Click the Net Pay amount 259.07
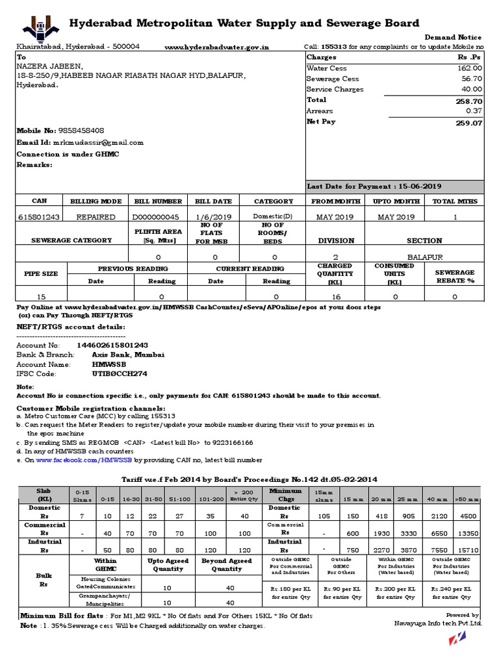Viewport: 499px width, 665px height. click(x=468, y=122)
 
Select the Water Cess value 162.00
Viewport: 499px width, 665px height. click(x=468, y=68)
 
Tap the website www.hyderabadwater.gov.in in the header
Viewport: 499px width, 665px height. click(x=216, y=47)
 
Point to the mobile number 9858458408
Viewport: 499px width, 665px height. click(x=81, y=131)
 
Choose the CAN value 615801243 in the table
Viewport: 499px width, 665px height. click(x=39, y=217)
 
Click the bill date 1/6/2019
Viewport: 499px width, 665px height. click(x=213, y=217)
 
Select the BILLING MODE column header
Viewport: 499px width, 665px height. click(x=96, y=201)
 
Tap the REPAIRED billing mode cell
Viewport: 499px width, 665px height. click(x=96, y=217)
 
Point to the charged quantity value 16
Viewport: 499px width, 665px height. click(x=335, y=296)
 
